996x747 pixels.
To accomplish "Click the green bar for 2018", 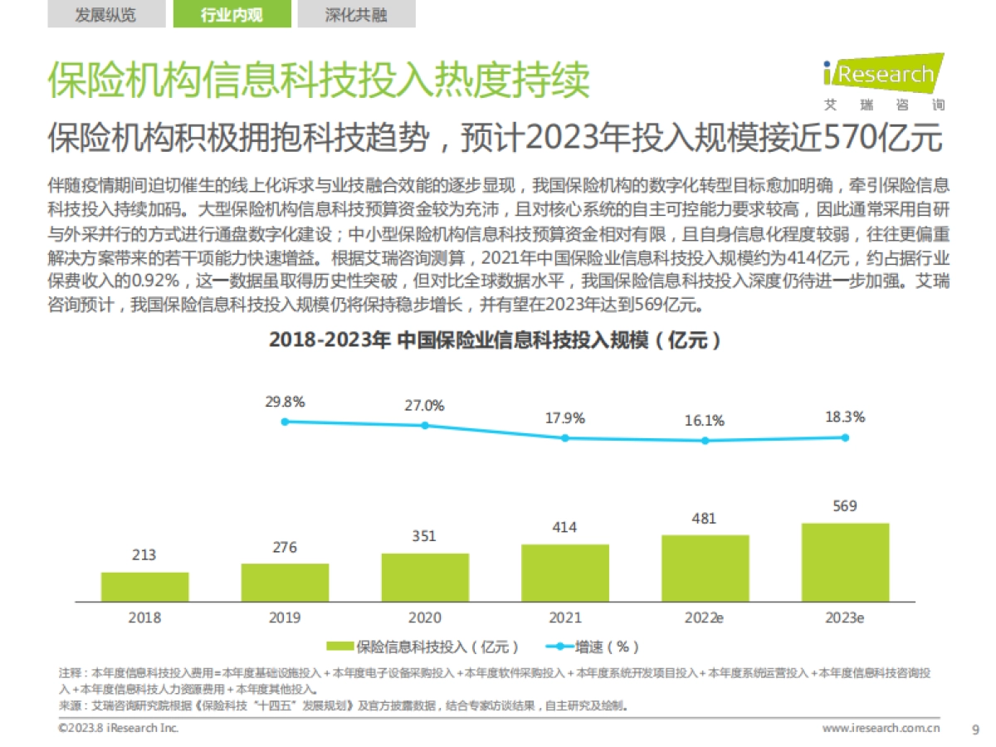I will [x=144, y=586].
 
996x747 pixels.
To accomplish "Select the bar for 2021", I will [x=564, y=572].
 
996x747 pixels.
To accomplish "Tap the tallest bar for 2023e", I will [x=845, y=561].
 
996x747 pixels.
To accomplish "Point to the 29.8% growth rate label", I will [x=285, y=403].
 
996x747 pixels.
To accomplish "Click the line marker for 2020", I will [x=425, y=426].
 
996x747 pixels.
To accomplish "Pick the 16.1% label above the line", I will [x=705, y=421].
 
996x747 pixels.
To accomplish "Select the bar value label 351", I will [x=424, y=536].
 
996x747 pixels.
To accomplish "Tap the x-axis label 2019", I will [x=285, y=618].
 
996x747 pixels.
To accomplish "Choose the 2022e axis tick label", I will [x=705, y=618].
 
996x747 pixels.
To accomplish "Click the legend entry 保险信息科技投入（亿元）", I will [x=423, y=647].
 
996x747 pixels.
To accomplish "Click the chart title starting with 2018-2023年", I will [x=495, y=340].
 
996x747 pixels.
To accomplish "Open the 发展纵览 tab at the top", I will [x=105, y=15].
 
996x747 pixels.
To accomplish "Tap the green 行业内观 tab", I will [x=232, y=15].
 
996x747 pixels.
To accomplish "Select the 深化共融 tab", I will [x=356, y=15].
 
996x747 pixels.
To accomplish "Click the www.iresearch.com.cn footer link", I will [x=881, y=729].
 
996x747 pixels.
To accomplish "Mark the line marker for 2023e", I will [x=845, y=437].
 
